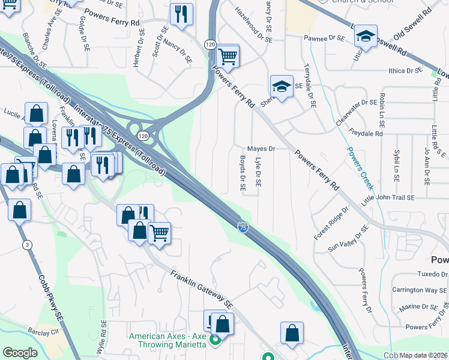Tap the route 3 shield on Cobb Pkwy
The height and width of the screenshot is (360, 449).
pyautogui.click(x=27, y=245)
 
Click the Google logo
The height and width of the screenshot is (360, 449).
pyautogui.click(x=20, y=353)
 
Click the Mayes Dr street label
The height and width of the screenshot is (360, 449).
pyautogui.click(x=261, y=148)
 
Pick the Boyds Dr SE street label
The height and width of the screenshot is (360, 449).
pyautogui.click(x=243, y=174)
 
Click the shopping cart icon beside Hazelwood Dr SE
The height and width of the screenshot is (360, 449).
pyautogui.click(x=228, y=56)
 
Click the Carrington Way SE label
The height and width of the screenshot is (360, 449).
pyautogui.click(x=420, y=290)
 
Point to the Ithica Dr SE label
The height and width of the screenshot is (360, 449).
pyautogui.click(x=406, y=70)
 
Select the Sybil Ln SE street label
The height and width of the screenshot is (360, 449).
pyautogui.click(x=397, y=167)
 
